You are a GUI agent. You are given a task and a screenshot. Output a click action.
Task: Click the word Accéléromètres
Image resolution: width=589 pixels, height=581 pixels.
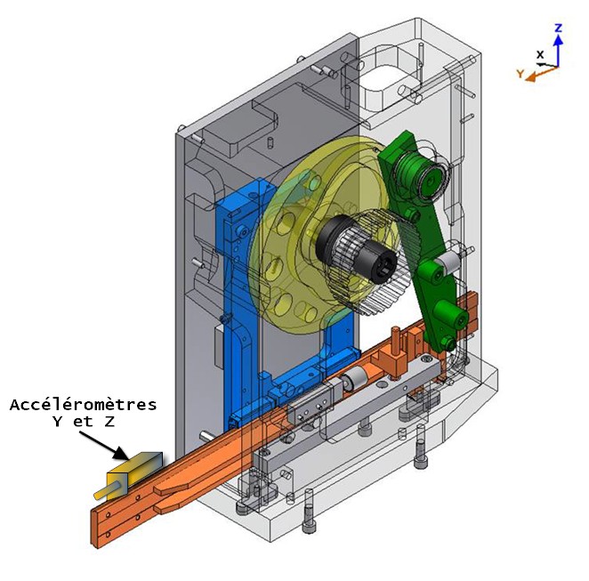(x=83, y=405)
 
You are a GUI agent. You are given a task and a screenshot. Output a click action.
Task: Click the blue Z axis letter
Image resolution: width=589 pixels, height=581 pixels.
(x=559, y=28)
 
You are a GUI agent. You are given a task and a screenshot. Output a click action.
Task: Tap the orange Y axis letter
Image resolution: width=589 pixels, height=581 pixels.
(x=520, y=73)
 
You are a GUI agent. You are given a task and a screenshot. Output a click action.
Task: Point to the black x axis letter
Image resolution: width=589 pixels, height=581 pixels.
(x=540, y=54)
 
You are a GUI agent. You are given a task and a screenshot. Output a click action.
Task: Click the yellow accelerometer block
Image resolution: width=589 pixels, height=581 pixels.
(x=134, y=474)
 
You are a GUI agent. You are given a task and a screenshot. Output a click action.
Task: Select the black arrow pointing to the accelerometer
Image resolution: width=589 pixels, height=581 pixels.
(x=104, y=446)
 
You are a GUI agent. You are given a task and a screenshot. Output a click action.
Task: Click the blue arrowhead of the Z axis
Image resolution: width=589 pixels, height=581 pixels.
(x=559, y=40)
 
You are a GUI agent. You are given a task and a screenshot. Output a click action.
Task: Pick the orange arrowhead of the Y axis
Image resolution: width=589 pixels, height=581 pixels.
(x=530, y=77)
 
